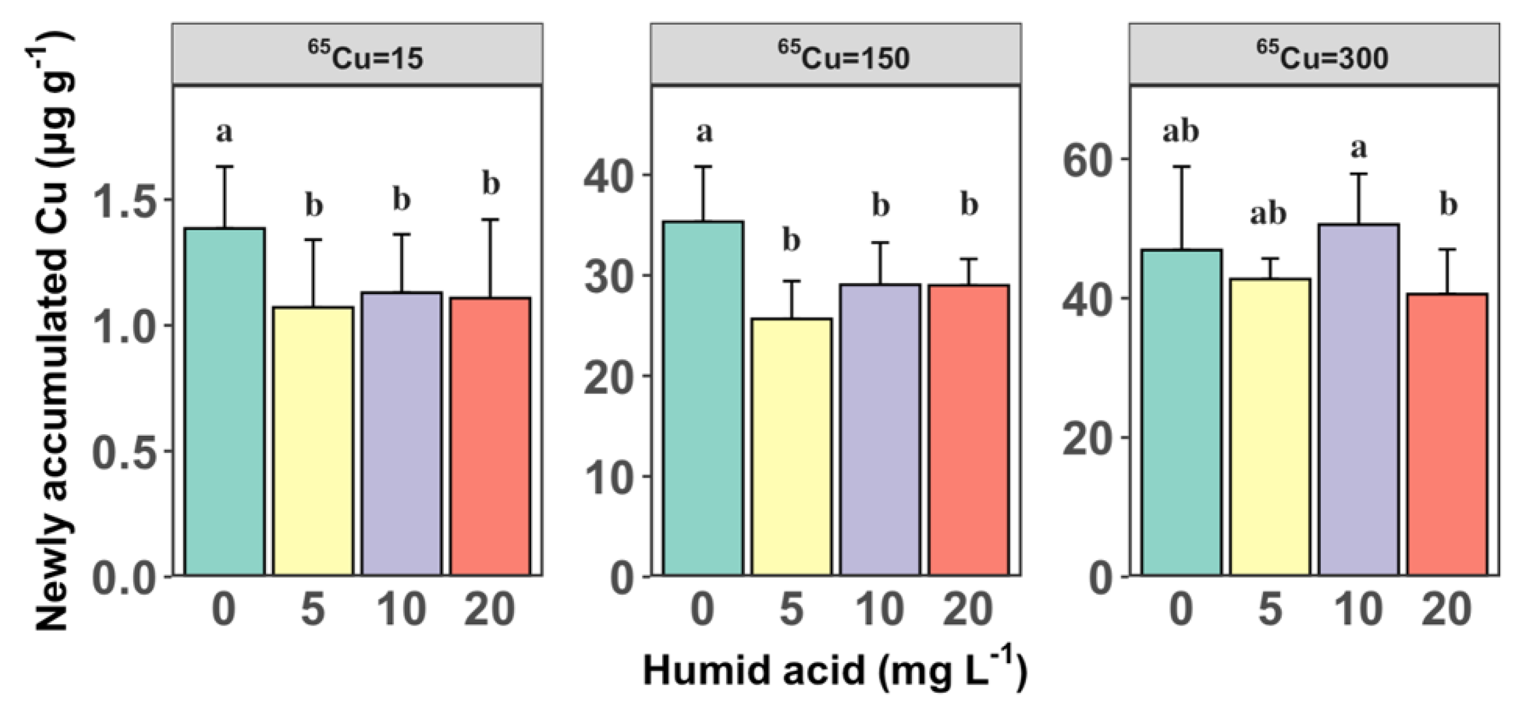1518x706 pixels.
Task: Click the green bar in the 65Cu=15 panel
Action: pyautogui.click(x=225, y=400)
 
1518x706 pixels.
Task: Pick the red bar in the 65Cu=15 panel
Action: pyautogui.click(x=491, y=436)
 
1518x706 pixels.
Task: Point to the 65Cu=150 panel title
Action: pyautogui.click(x=843, y=57)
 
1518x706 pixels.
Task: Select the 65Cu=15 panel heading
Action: pyautogui.click(x=365, y=57)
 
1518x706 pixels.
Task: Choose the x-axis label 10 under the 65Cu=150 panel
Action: pyautogui.click(x=880, y=609)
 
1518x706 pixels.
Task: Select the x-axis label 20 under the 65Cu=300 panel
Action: pyautogui.click(x=1447, y=609)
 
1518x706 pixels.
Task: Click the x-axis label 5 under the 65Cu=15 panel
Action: pyautogui.click(x=313, y=609)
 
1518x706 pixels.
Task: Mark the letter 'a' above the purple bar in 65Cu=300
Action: pyautogui.click(x=1358, y=148)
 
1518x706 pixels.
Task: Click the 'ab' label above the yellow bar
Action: pyautogui.click(x=1268, y=214)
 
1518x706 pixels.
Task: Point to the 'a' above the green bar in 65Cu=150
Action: pyautogui.click(x=704, y=132)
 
